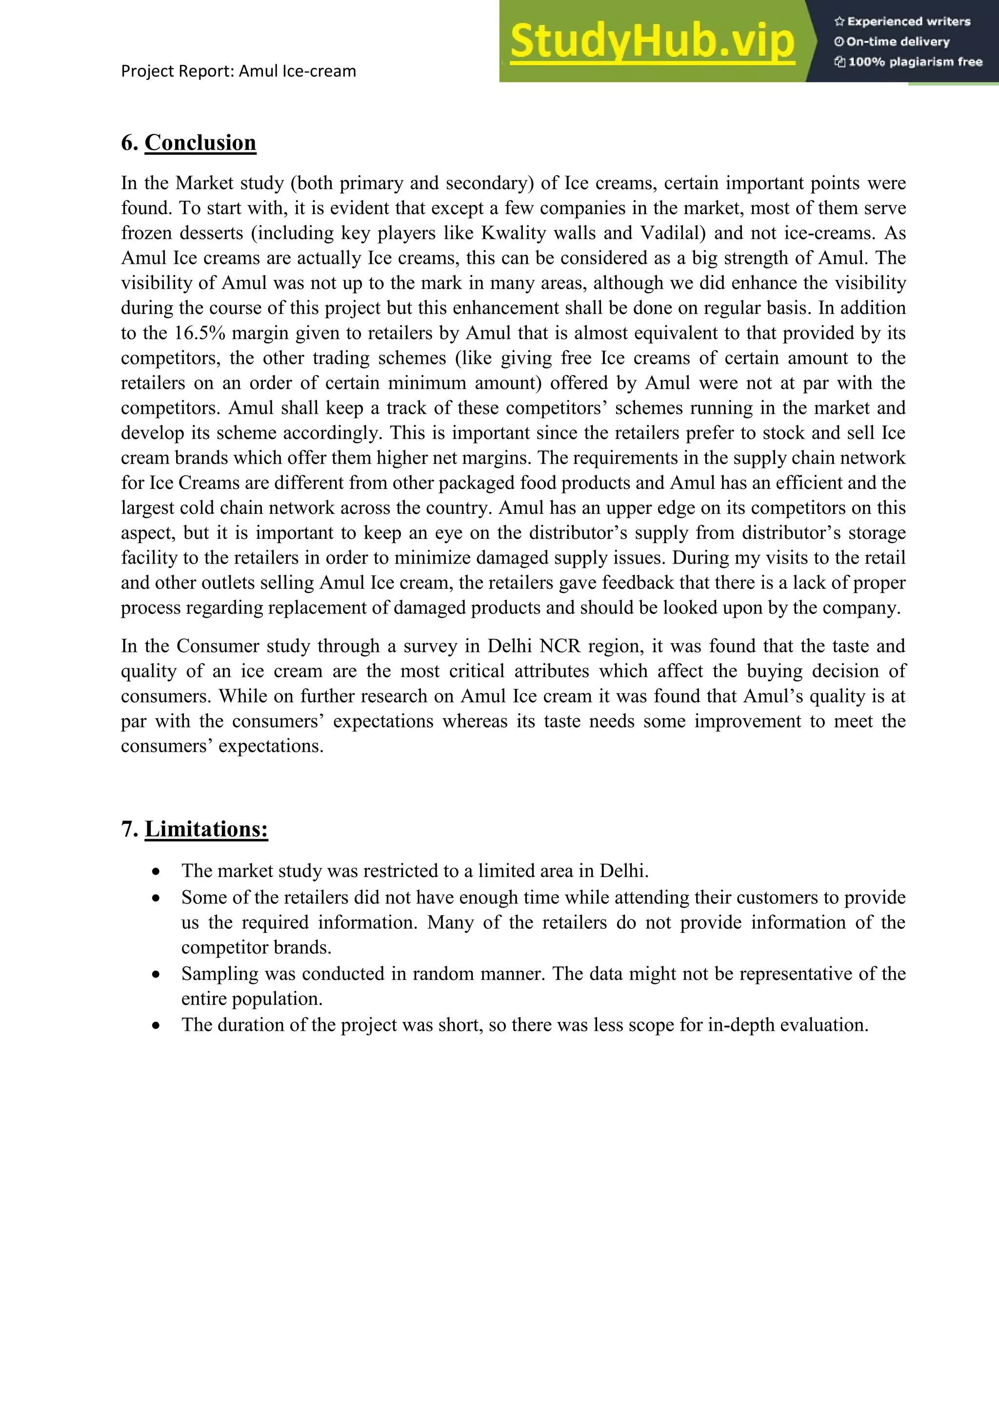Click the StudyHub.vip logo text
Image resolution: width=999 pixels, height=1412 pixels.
click(x=652, y=42)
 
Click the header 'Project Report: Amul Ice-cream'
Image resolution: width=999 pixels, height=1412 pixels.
click(x=238, y=71)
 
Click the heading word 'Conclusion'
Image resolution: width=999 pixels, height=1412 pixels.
click(x=200, y=143)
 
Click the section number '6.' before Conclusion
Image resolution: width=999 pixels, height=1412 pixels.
click(x=129, y=143)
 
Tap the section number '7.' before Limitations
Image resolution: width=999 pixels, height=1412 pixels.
click(x=129, y=829)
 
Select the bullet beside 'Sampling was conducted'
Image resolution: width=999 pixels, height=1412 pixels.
click(x=156, y=975)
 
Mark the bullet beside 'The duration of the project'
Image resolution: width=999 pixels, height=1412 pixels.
click(x=156, y=1026)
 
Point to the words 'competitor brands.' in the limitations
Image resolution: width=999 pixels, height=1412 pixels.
click(x=256, y=948)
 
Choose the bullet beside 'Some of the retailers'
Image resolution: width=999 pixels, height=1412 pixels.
click(x=156, y=899)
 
